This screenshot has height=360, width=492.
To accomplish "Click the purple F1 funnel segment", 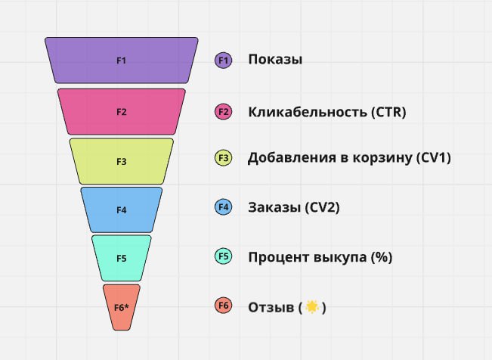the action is pyautogui.click(x=122, y=61).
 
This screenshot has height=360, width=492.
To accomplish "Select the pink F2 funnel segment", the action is pyautogui.click(x=122, y=112).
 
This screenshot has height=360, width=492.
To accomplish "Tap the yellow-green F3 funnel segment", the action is pyautogui.click(x=122, y=161).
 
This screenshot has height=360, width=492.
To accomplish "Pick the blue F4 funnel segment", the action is pyautogui.click(x=122, y=209).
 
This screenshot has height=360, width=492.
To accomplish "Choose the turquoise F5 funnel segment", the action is pyautogui.click(x=122, y=258).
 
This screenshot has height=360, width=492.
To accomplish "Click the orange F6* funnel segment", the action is pyautogui.click(x=122, y=307).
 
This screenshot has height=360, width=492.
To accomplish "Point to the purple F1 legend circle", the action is pyautogui.click(x=224, y=60).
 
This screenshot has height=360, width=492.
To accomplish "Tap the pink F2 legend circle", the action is pyautogui.click(x=224, y=112).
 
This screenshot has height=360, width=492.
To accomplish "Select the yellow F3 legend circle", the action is pyautogui.click(x=224, y=158).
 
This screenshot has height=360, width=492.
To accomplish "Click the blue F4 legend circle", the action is pyautogui.click(x=224, y=207).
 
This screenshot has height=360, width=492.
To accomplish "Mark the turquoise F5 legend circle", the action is pyautogui.click(x=224, y=256).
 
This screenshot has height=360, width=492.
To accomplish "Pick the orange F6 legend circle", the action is pyautogui.click(x=224, y=306).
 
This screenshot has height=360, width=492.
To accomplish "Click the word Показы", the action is pyautogui.click(x=275, y=60).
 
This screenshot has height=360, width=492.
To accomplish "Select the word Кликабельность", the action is pyautogui.click(x=308, y=112).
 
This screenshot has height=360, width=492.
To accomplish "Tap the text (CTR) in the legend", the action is pyautogui.click(x=388, y=112).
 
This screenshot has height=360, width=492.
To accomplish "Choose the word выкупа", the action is pyautogui.click(x=340, y=257).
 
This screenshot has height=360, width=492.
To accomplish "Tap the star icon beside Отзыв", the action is pyautogui.click(x=312, y=306).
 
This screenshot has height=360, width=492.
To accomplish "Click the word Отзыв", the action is pyautogui.click(x=271, y=307).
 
